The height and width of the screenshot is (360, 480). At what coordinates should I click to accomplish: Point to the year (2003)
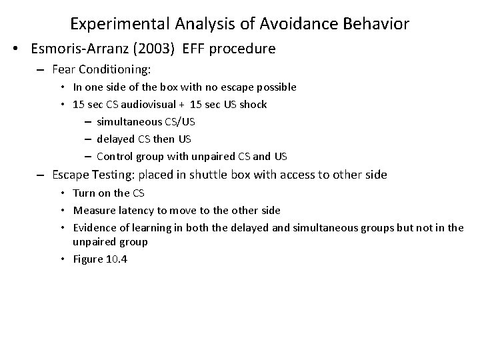pyautogui.click(x=155, y=49)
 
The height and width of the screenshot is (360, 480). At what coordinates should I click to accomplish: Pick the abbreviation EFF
pyautogui.click(x=195, y=49)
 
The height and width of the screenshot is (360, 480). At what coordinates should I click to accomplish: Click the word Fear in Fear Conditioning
pyautogui.click(x=65, y=69)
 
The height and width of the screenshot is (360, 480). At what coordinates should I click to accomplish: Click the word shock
pyautogui.click(x=254, y=105)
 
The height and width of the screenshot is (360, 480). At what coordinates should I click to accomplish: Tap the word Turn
pyautogui.click(x=84, y=193)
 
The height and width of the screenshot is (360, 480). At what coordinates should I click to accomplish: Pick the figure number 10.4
pyautogui.click(x=116, y=259)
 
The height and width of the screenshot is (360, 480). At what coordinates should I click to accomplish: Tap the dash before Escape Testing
pyautogui.click(x=41, y=175)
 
